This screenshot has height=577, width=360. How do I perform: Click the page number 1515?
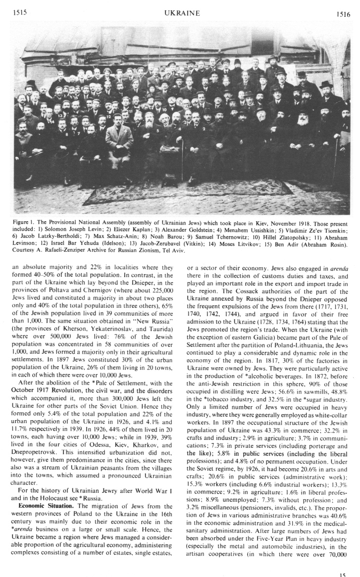[19, 13]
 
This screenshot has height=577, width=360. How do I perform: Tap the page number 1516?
[342, 14]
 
